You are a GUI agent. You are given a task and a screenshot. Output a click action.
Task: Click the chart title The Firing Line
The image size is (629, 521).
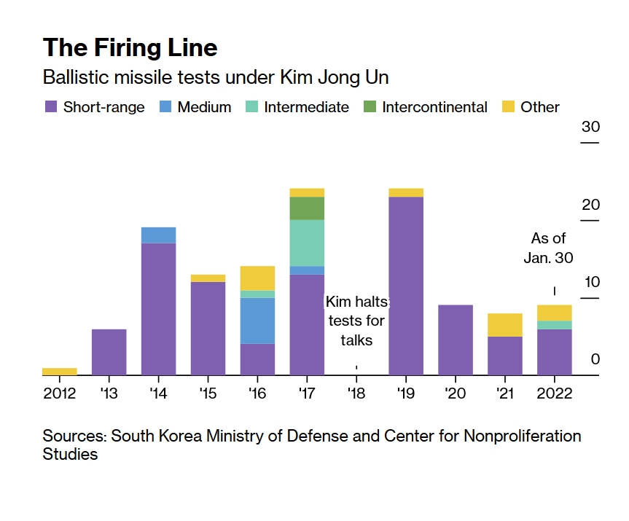pyautogui.click(x=130, y=47)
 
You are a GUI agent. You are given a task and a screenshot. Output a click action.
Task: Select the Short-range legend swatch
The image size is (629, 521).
pyautogui.click(x=51, y=107)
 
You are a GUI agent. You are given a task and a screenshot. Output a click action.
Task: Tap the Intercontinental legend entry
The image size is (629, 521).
pyautogui.click(x=434, y=107)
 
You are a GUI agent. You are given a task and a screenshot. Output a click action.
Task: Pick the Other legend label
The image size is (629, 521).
pyautogui.click(x=540, y=107)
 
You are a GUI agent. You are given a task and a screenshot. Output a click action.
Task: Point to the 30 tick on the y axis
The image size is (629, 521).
pyautogui.click(x=590, y=128)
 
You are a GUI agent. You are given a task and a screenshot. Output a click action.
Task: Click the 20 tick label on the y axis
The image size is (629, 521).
pyautogui.click(x=590, y=205)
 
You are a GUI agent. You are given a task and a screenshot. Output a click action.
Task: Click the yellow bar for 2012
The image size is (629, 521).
pyautogui.click(x=60, y=372)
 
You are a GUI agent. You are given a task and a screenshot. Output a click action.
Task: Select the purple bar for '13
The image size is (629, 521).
pyautogui.click(x=109, y=352)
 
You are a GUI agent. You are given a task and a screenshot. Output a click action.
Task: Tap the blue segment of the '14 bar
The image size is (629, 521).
pyautogui.click(x=158, y=235)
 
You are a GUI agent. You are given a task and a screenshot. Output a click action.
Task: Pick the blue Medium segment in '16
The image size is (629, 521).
pyautogui.click(x=257, y=321)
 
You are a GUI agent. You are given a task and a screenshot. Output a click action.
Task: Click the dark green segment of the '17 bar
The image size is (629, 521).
pyautogui.click(x=307, y=208)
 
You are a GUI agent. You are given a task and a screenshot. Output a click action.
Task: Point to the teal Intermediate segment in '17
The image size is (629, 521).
pyautogui.click(x=307, y=243)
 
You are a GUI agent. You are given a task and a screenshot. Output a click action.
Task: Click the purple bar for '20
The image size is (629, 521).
pyautogui.click(x=456, y=340)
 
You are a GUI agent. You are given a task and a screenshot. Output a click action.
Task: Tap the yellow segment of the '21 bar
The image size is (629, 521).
pyautogui.click(x=505, y=325)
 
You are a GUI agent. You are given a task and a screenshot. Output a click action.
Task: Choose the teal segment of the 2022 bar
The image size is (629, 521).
pyautogui.click(x=555, y=325)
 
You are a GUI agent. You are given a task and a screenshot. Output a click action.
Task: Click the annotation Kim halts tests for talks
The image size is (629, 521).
pyautogui.click(x=356, y=321)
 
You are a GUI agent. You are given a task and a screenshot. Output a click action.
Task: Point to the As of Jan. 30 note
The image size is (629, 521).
pyautogui.click(x=548, y=248)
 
